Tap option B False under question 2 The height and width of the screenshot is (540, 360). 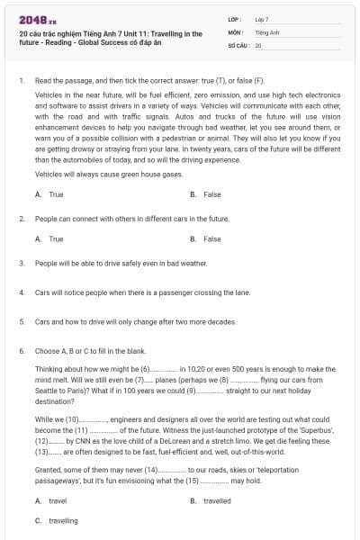tap(206, 239)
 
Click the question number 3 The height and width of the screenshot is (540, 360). tap(22, 263)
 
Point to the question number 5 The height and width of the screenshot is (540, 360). tap(22, 320)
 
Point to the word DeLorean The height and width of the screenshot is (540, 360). tap(170, 443)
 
